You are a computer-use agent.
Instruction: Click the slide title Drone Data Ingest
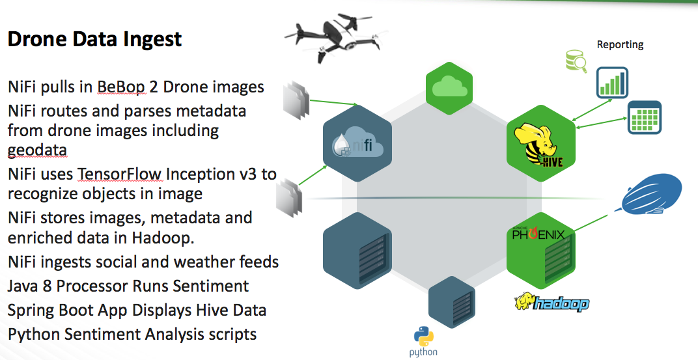94,39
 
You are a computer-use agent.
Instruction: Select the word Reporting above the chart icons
620,45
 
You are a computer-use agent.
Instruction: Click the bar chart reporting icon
611,83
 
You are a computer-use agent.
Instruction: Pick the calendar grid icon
644,118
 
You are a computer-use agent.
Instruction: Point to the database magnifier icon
576,61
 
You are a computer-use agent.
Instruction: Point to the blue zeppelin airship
652,194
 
